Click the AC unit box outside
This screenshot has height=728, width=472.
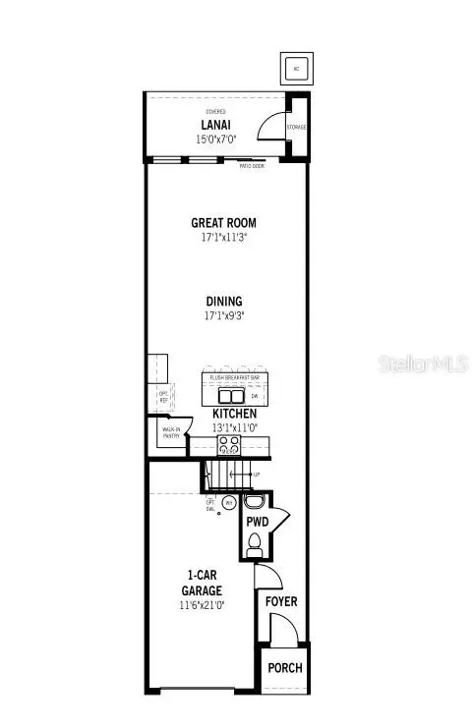295,67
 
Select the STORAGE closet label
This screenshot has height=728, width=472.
296,128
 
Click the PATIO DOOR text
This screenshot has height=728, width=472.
252,166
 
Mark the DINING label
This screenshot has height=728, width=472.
224,302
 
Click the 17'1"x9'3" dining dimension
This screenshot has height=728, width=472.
224,316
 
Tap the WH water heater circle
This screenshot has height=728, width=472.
229,502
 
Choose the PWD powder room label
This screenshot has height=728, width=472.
258,520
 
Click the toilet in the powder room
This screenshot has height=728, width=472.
255,543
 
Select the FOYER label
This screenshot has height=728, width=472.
280,601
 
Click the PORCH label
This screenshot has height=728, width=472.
285,668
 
